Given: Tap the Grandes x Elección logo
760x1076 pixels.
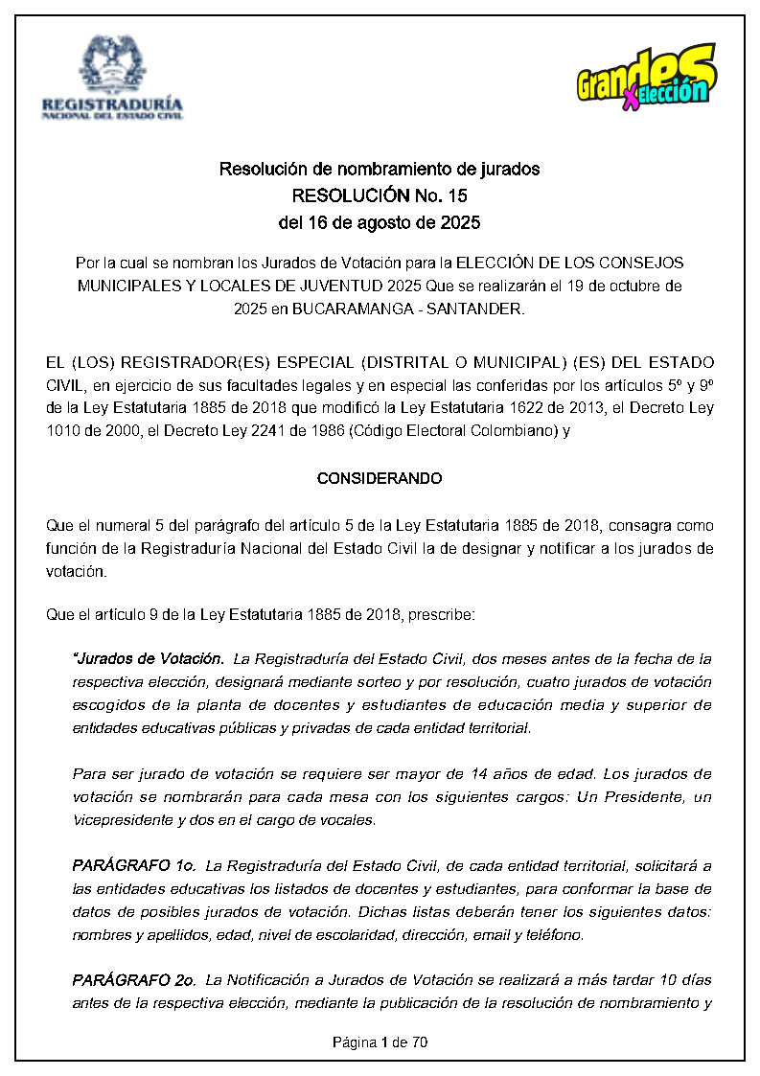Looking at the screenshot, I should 646,76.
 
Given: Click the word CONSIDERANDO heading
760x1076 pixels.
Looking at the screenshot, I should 380,478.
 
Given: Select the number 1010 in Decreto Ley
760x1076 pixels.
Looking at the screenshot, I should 62,431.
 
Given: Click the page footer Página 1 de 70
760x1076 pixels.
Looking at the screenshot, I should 380,1042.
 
